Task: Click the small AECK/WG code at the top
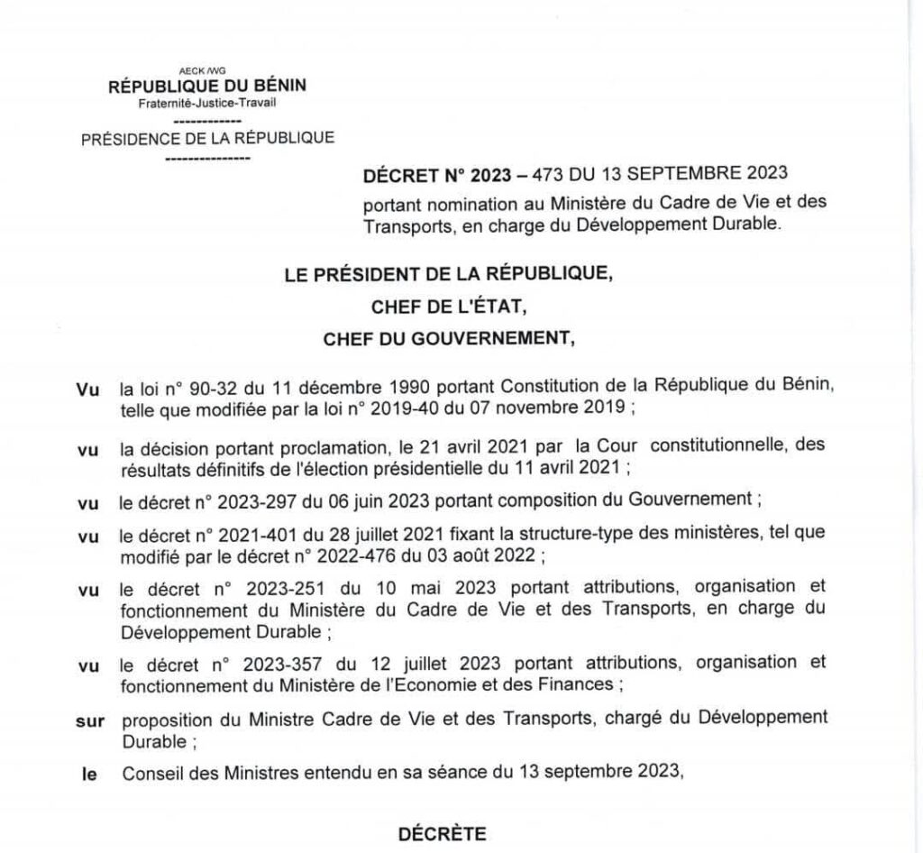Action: coord(208,70)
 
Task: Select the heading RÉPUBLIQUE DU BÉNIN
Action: coord(207,87)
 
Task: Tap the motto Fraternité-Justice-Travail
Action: coord(207,102)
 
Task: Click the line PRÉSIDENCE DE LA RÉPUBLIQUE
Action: coord(208,139)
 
